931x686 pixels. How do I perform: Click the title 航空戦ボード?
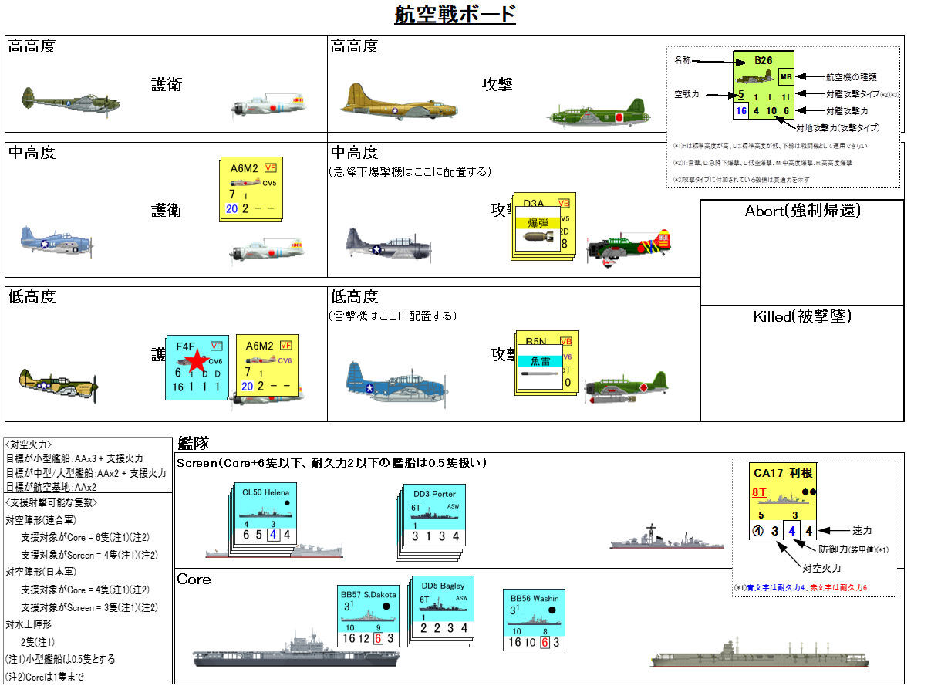coord(454,15)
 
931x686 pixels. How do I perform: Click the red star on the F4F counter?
coord(197,360)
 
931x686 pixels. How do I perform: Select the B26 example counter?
coord(764,86)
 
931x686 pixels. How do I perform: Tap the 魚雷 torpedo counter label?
coord(539,361)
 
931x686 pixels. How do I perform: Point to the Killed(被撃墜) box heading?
coord(801,316)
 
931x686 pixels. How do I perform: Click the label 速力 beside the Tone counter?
coord(862,530)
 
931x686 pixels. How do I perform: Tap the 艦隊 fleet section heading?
coord(194,443)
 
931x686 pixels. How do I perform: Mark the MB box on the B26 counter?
coord(786,76)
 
